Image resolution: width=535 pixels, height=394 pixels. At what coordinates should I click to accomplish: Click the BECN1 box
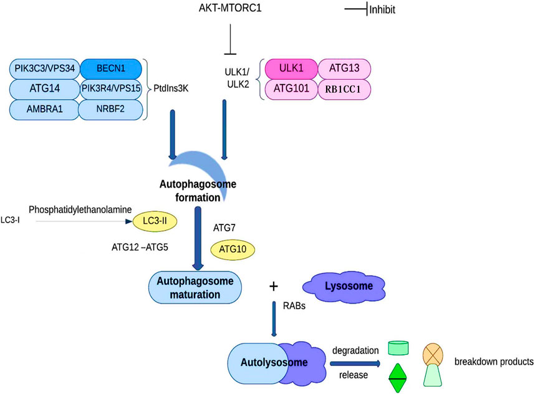point(111,69)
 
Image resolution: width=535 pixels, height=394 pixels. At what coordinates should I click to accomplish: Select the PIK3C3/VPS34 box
point(45,69)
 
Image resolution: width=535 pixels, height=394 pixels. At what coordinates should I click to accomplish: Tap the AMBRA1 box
point(44,110)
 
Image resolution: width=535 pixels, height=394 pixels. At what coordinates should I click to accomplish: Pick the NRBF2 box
point(110,110)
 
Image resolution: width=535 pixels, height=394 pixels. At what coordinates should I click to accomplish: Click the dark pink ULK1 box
point(291,69)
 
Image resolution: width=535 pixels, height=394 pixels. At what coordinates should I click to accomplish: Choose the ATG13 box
point(344,69)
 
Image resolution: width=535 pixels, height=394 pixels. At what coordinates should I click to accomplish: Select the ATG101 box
point(291,89)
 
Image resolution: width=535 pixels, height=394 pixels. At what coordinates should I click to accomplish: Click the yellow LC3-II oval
point(155,221)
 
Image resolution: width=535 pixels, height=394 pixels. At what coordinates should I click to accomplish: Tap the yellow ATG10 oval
point(233,249)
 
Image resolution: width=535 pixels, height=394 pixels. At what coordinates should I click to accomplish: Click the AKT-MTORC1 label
point(230,8)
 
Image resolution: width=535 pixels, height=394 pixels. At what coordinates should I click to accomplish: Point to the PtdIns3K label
point(171,89)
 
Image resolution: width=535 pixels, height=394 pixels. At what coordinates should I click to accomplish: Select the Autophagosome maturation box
point(195,287)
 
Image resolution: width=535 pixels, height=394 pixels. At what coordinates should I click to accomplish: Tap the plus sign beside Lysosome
point(273,286)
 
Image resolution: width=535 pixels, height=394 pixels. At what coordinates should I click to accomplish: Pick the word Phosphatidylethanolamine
point(80,210)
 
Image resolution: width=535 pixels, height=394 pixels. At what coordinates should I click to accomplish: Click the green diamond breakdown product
point(398,378)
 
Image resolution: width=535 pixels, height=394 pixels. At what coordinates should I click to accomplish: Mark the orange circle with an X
point(433,354)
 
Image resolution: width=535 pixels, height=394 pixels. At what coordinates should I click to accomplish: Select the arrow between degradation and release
point(355,363)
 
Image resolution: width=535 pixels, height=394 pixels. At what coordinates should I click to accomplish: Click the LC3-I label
point(10,220)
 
